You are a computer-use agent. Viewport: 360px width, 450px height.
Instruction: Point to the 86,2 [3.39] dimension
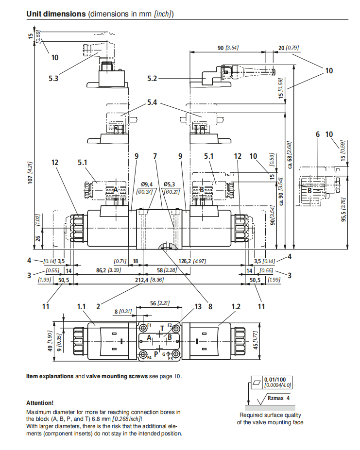click(x=104, y=270)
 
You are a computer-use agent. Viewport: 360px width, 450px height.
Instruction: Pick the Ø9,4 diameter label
click(x=147, y=184)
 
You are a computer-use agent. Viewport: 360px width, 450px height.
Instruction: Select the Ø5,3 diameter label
click(x=170, y=184)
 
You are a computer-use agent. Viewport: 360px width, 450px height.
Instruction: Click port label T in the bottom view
click(x=162, y=328)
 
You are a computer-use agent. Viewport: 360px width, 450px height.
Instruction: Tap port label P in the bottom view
click(x=155, y=353)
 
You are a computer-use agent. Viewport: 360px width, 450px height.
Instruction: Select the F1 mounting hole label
click(x=150, y=324)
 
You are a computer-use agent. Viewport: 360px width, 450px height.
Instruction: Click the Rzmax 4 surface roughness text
click(x=279, y=398)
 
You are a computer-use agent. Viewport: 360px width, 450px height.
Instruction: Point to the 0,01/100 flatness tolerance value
click(x=275, y=379)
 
